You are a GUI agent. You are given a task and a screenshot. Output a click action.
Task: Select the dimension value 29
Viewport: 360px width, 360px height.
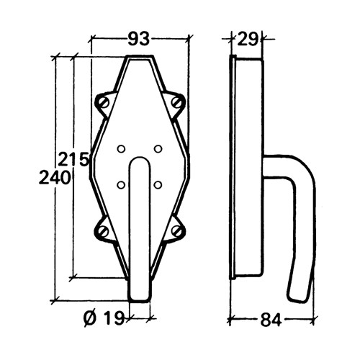click(248, 40)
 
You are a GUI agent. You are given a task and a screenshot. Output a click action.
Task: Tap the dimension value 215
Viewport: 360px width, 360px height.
click(73, 158)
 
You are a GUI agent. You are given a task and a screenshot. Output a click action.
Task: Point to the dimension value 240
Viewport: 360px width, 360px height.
click(55, 177)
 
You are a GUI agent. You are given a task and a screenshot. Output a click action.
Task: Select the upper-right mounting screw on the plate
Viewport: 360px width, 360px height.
click(176, 105)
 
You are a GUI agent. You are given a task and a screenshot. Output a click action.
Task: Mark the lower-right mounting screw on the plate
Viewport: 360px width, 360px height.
click(176, 232)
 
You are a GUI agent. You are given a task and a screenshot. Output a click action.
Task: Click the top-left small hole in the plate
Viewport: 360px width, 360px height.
click(121, 149)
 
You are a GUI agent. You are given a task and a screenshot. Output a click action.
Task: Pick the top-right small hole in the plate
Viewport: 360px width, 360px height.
click(158, 149)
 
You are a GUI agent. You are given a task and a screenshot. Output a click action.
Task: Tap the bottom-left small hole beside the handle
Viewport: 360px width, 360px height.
click(121, 185)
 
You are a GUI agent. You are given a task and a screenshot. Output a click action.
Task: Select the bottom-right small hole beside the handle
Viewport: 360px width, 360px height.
click(158, 185)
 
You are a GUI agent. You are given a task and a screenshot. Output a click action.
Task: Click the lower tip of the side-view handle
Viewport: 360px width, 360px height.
click(297, 296)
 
